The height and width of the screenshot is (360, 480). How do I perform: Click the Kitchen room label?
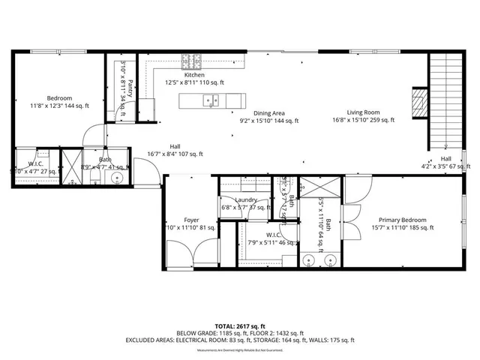click(x=194, y=75)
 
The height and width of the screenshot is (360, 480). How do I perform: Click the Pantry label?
click(x=130, y=88)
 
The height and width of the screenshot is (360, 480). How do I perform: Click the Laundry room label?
click(x=246, y=200)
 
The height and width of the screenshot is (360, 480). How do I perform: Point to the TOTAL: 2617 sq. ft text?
click(x=239, y=326)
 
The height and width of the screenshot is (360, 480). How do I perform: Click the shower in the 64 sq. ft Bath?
click(x=314, y=192)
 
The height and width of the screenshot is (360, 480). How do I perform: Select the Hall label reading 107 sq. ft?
click(x=175, y=150)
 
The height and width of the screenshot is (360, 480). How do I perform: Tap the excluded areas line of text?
click(x=239, y=340)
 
